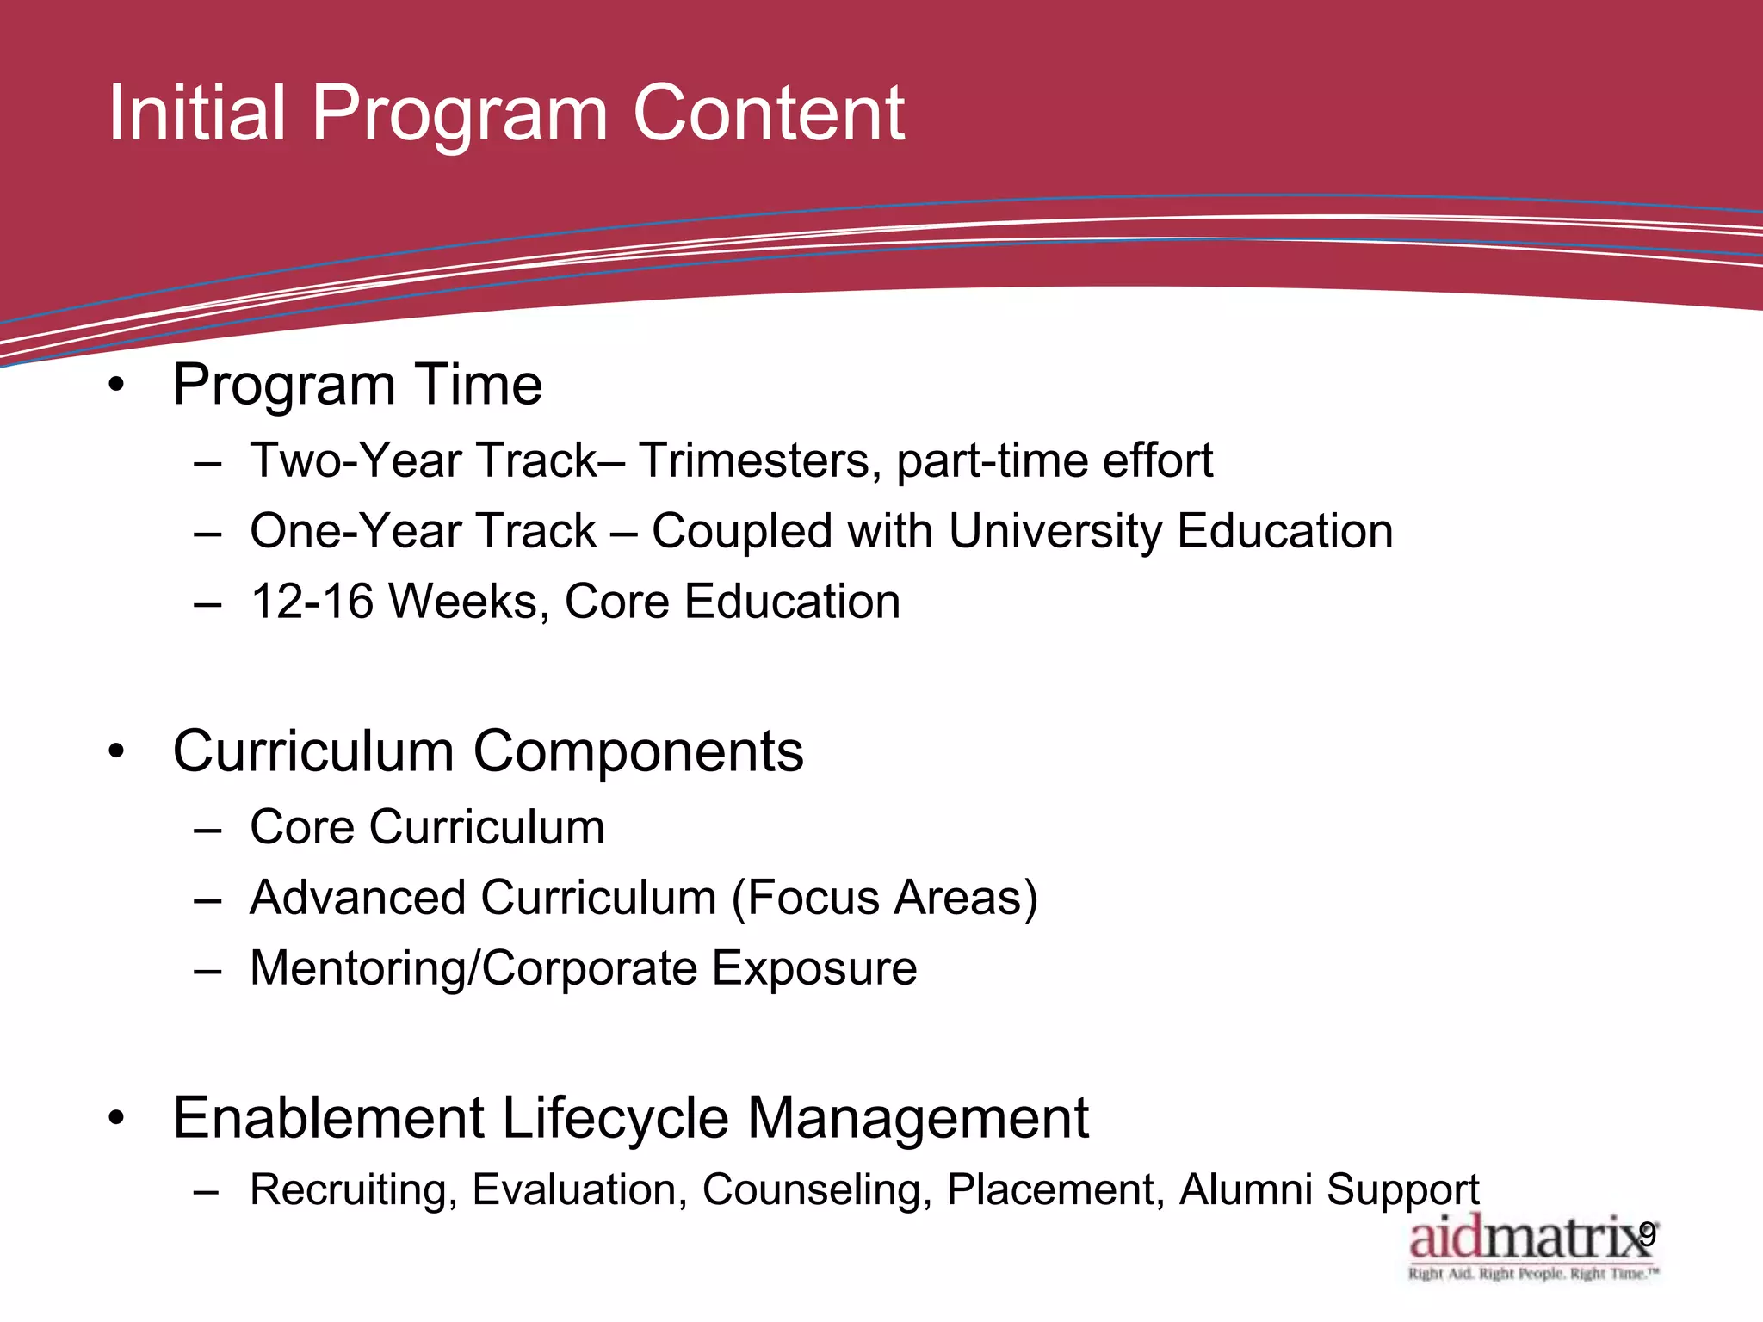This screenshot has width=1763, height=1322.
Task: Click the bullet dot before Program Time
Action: (117, 385)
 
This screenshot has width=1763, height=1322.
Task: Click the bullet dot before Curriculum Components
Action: (117, 752)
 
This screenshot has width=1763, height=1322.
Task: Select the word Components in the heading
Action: (638, 752)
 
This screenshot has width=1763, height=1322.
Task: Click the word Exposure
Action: (814, 968)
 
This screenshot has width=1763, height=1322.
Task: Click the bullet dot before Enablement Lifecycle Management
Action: (117, 1119)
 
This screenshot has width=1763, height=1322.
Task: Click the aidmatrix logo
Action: (1531, 1246)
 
